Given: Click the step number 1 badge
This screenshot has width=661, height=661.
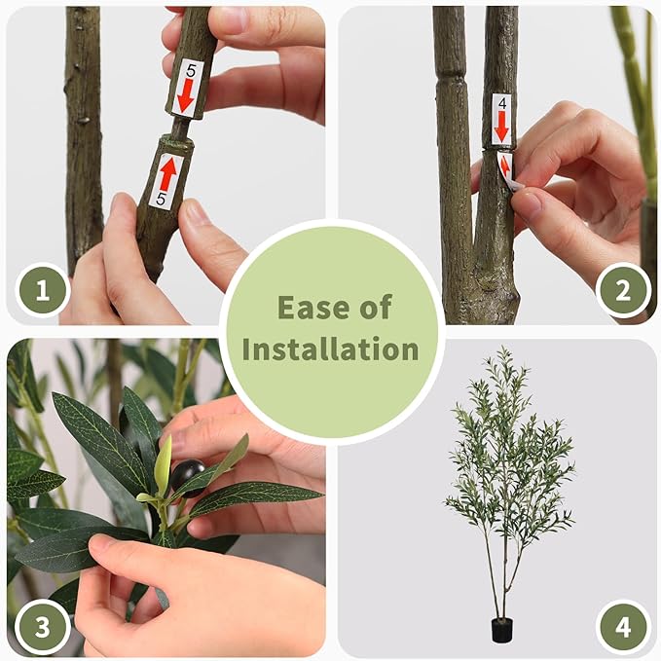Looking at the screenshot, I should [42, 289].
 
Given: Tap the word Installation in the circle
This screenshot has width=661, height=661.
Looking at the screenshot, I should [330, 349].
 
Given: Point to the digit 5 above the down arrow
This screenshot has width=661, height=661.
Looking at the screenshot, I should [189, 70].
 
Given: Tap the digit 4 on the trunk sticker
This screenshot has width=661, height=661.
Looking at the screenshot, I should [501, 101].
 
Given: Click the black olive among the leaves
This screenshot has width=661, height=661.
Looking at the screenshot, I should [185, 474].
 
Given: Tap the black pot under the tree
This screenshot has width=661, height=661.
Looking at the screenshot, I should [501, 631].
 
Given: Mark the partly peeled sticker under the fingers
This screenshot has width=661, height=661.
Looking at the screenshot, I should [507, 167].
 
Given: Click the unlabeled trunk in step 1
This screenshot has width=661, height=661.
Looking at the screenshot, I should [84, 127].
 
